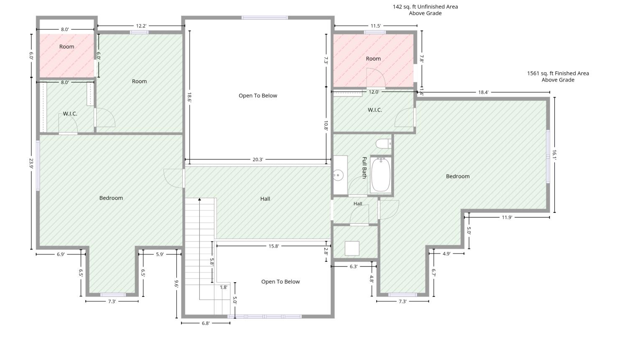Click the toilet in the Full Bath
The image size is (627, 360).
[383, 144]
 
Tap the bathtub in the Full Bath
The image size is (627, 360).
[381, 175]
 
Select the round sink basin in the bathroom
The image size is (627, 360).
[338, 175]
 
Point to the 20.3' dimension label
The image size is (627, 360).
[258, 160]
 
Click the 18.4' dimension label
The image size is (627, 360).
[483, 92]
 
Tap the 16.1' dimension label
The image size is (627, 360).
[554, 155]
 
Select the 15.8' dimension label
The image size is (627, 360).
[273, 246]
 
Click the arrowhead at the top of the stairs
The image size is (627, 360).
[199, 199]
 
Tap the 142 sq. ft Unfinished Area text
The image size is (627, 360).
[425, 7]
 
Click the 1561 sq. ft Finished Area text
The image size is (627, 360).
[558, 73]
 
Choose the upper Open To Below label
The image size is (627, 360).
[258, 95]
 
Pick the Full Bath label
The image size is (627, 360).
[364, 167]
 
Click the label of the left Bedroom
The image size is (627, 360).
[111, 198]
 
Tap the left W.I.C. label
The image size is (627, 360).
[70, 114]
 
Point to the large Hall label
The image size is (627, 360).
[265, 199]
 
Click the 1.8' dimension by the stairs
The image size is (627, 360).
[223, 287]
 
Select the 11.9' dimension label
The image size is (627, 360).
[507, 217]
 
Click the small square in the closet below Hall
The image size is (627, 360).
[352, 248]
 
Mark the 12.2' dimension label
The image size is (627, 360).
[141, 26]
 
